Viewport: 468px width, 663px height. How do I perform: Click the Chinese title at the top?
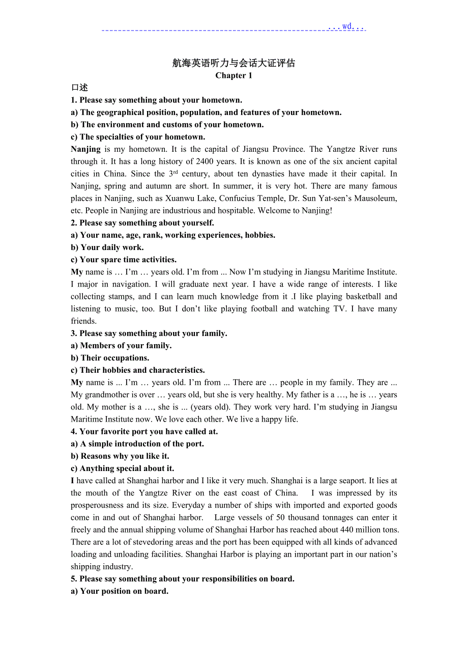click(233, 63)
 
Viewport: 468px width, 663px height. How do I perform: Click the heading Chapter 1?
click(233, 76)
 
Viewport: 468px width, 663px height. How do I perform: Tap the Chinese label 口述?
click(79, 88)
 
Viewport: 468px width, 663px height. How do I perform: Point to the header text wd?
click(346, 26)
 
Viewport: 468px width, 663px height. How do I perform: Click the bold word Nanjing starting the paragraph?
click(85, 149)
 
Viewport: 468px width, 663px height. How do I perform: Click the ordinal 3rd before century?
click(173, 174)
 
